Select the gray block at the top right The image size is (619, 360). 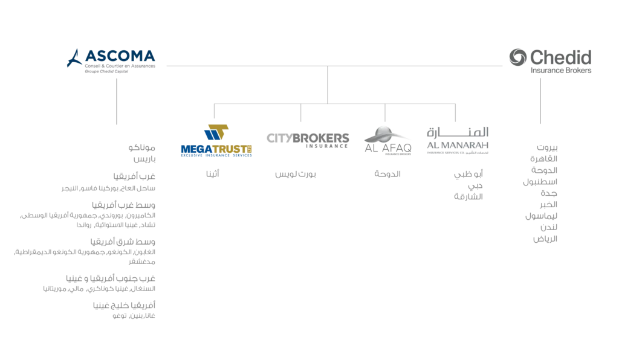coord(551,62)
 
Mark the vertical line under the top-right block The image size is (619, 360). coord(539,100)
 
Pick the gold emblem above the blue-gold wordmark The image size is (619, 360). coord(217,130)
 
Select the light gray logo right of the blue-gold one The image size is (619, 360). coord(309,138)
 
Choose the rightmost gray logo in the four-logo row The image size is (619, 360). coord(456,139)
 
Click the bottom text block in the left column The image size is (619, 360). coord(126,310)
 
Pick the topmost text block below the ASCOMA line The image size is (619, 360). coord(144,152)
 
